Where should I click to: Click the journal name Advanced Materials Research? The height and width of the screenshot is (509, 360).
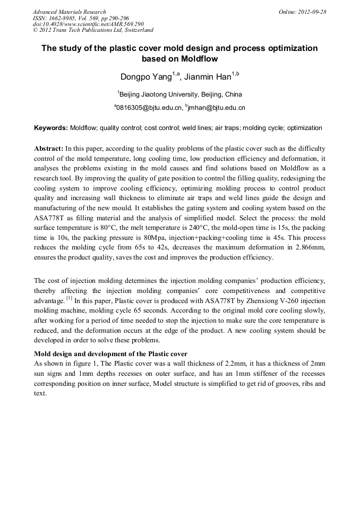69,11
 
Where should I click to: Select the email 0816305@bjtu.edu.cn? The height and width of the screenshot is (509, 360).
148,108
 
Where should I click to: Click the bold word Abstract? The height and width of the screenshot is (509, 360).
49,149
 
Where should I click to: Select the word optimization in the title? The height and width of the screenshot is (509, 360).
288,48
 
